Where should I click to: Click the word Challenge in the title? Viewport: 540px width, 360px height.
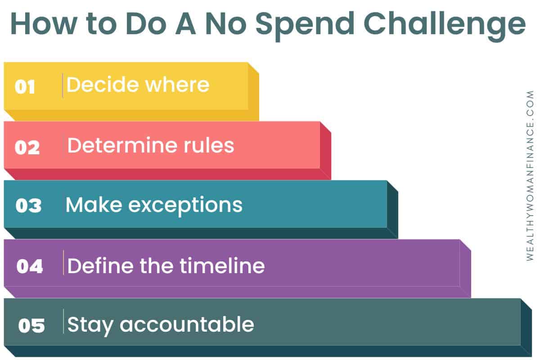click(445, 26)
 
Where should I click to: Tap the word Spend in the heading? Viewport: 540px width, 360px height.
click(305, 26)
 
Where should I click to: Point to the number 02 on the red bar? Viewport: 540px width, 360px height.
click(27, 147)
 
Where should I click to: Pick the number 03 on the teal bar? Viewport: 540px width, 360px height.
click(28, 206)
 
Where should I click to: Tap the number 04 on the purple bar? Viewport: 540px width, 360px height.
click(30, 266)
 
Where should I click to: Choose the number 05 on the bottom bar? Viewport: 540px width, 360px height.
click(31, 325)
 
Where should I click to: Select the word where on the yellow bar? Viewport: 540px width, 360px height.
click(177, 85)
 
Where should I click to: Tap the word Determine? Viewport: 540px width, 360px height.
click(123, 145)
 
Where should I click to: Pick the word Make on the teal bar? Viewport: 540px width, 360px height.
click(94, 204)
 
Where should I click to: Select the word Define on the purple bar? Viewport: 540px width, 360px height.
click(100, 265)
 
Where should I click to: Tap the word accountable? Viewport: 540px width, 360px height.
click(187, 324)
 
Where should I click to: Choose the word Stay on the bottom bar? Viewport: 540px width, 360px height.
click(90, 326)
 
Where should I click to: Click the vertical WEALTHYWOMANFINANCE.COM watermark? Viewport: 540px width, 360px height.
click(530, 175)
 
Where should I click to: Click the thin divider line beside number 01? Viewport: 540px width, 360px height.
click(63, 85)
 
